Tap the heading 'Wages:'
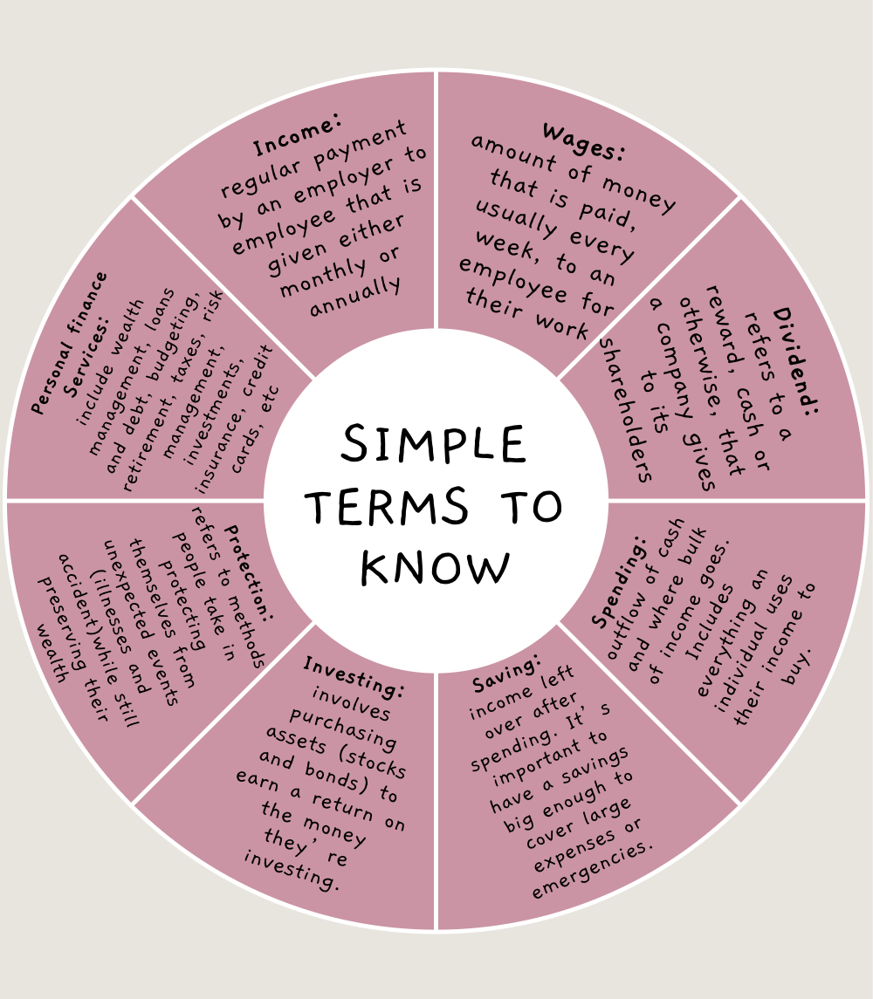tap(584, 142)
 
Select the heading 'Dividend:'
tap(795, 359)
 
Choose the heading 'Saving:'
tap(507, 669)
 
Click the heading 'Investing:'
tap(354, 678)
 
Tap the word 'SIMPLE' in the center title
tap(434, 445)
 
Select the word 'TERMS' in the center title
tap(381, 506)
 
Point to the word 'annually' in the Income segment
tap(355, 296)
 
